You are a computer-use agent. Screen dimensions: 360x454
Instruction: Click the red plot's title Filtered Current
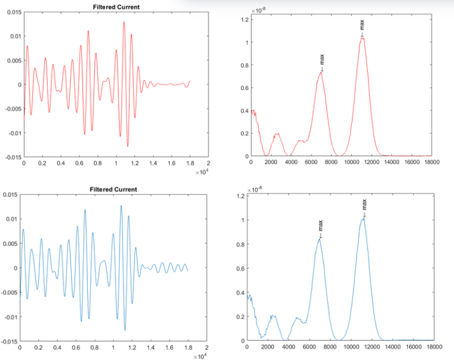(116, 7)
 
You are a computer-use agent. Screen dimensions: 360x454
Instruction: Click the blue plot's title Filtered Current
(113, 189)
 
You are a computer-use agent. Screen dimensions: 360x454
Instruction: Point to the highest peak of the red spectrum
(362, 38)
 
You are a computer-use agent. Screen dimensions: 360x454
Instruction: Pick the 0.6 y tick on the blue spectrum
(240, 269)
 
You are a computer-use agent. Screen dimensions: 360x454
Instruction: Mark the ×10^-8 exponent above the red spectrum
(258, 10)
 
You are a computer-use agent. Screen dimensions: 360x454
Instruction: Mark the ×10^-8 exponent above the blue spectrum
(255, 189)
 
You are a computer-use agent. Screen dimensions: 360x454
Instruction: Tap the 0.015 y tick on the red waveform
(13, 13)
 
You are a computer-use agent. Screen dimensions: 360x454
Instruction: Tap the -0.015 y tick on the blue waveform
(10, 341)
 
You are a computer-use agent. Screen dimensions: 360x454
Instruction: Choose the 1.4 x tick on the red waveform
(153, 162)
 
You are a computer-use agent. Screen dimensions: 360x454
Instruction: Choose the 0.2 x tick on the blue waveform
(38, 347)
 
